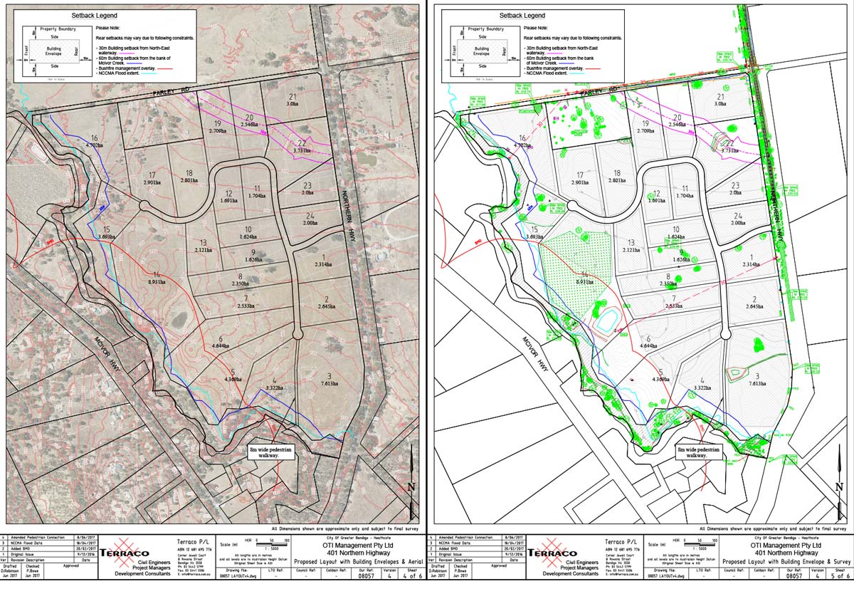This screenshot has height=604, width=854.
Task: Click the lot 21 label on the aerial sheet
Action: [292, 100]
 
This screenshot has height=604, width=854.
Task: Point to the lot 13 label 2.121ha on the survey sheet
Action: [629, 246]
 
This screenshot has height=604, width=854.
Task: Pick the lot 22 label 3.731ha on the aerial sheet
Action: [302, 147]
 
